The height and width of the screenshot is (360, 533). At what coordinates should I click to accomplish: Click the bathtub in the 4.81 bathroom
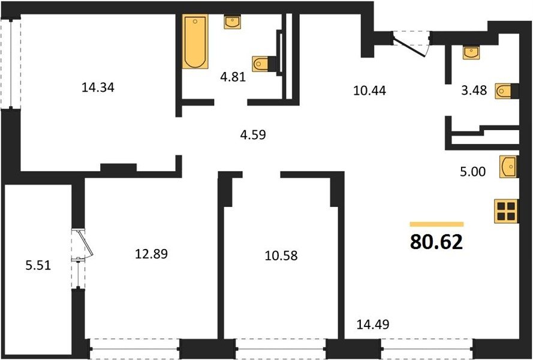(195, 41)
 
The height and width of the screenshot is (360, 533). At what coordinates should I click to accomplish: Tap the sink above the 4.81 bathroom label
(233, 22)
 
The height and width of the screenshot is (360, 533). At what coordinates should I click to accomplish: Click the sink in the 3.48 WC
(471, 53)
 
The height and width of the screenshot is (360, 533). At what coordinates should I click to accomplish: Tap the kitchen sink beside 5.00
(508, 166)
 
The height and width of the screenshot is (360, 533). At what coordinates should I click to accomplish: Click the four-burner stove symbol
(506, 211)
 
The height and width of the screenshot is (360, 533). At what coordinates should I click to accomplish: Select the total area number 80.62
(436, 242)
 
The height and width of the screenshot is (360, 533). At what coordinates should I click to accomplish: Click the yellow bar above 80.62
(437, 224)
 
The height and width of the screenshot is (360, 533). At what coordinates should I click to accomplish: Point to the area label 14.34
(98, 88)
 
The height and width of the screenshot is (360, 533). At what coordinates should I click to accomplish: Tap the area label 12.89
(151, 253)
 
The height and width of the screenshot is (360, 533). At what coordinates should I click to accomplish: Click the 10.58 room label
(281, 255)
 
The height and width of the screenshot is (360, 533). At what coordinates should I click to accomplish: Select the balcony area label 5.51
(38, 265)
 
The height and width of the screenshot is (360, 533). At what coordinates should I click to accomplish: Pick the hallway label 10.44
(369, 91)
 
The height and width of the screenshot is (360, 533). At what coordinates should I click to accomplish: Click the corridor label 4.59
(253, 135)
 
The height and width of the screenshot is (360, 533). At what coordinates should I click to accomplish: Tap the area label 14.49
(372, 324)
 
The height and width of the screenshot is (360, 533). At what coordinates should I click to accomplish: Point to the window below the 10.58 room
(281, 349)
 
